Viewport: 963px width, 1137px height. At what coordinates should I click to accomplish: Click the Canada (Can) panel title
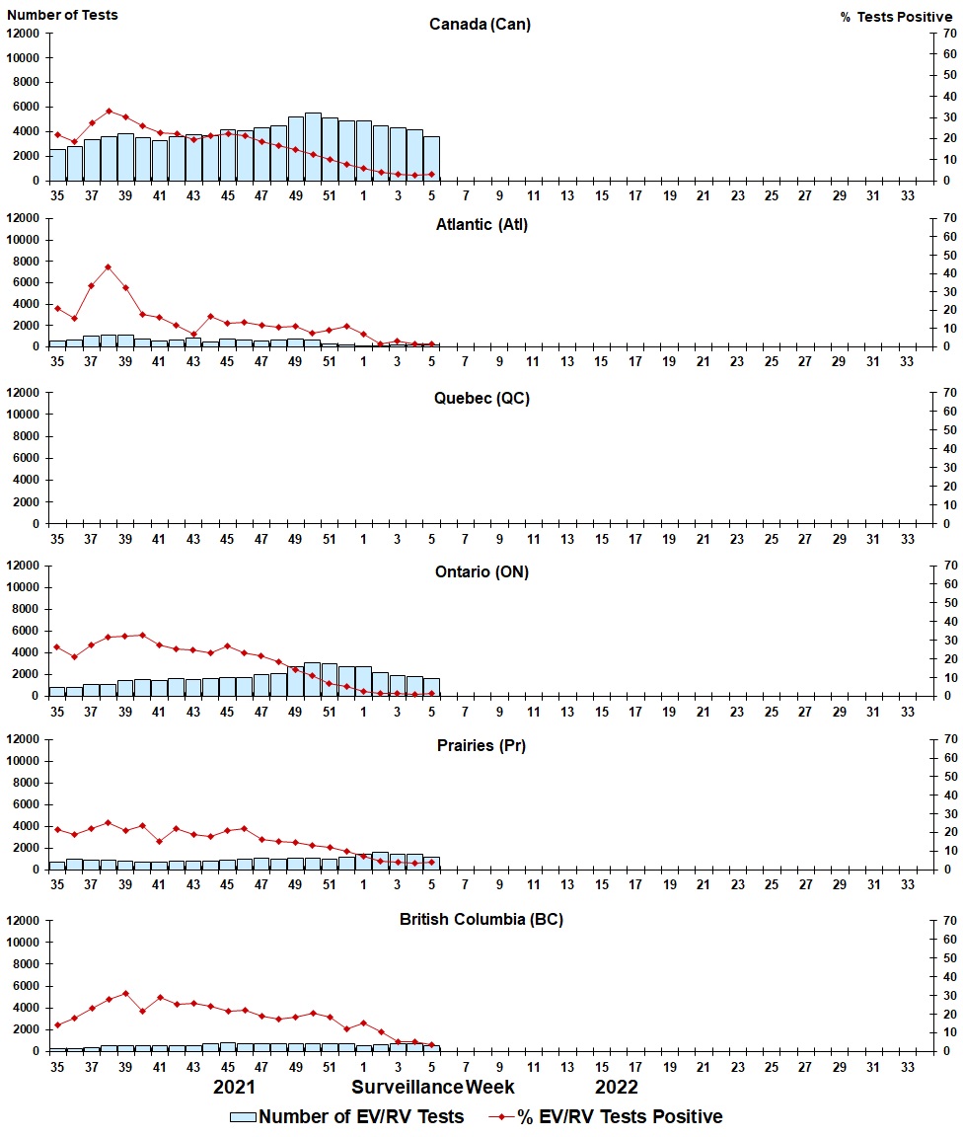(x=480, y=25)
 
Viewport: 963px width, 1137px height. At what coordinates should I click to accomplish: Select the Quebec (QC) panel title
(x=480, y=398)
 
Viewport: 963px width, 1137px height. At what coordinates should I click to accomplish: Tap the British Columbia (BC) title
(x=481, y=919)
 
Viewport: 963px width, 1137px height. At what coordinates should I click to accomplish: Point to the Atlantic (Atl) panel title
(x=481, y=224)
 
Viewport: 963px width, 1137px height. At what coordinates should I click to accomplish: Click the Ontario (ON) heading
(x=481, y=571)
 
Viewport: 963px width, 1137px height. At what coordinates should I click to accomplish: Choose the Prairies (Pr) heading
(x=481, y=745)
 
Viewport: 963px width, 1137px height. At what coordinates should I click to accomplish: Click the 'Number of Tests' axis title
(x=62, y=15)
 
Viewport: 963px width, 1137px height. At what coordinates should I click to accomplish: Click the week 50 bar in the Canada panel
(x=313, y=147)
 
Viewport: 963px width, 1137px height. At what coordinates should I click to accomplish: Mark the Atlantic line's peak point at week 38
(x=109, y=266)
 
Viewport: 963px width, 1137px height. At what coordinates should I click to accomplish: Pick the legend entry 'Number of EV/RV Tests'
(x=346, y=1116)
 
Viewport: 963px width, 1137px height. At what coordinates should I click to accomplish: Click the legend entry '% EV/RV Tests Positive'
(x=606, y=1116)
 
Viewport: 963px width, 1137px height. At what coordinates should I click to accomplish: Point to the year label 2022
(x=617, y=1088)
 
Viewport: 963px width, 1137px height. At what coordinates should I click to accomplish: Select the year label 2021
(x=235, y=1088)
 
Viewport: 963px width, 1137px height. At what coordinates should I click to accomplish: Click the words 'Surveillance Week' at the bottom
(x=433, y=1088)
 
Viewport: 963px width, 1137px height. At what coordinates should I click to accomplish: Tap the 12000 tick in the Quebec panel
(x=23, y=393)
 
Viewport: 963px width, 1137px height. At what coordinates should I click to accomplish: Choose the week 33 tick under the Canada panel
(x=907, y=195)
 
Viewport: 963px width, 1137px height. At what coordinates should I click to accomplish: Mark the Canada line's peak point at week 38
(x=109, y=112)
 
